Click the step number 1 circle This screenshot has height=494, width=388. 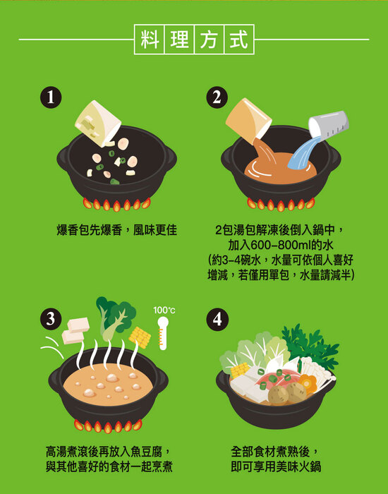tap(51, 97)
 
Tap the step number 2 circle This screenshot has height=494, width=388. tap(217, 97)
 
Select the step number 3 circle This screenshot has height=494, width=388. tap(51, 320)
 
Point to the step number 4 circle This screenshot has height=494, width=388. tap(217, 320)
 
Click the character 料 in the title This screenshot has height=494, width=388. tap(150, 40)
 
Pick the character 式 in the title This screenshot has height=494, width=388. tap(238, 40)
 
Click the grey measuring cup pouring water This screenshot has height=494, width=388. tap(329, 124)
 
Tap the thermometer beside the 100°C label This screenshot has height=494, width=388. tap(163, 333)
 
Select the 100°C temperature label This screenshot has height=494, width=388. tap(164, 311)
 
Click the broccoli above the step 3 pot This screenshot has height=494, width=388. tap(115, 318)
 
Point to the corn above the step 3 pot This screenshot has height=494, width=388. tap(140, 337)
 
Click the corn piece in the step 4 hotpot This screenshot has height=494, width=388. tap(240, 370)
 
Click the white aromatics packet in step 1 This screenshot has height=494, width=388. tap(98, 123)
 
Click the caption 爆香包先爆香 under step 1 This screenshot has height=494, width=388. tap(89, 230)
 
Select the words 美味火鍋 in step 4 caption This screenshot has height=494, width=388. tap(298, 466)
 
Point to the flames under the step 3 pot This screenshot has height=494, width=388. tap(108, 426)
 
